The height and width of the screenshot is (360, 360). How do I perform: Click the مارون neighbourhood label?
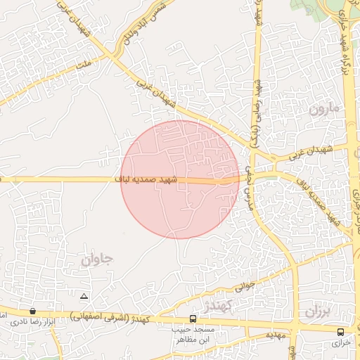tap(323, 109)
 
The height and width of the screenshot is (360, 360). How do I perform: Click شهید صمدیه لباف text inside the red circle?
tap(148, 180)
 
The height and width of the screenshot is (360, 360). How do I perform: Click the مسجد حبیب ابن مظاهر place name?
tap(193, 334)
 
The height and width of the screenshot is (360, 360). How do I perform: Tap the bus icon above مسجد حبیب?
tap(193, 319)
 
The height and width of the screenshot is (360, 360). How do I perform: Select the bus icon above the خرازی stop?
tap(341, 331)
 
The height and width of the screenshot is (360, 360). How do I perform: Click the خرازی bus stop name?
tap(341, 342)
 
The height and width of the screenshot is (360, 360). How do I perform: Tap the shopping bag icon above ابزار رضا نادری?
tap(32, 310)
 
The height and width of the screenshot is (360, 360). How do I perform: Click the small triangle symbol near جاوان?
tap(84, 296)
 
